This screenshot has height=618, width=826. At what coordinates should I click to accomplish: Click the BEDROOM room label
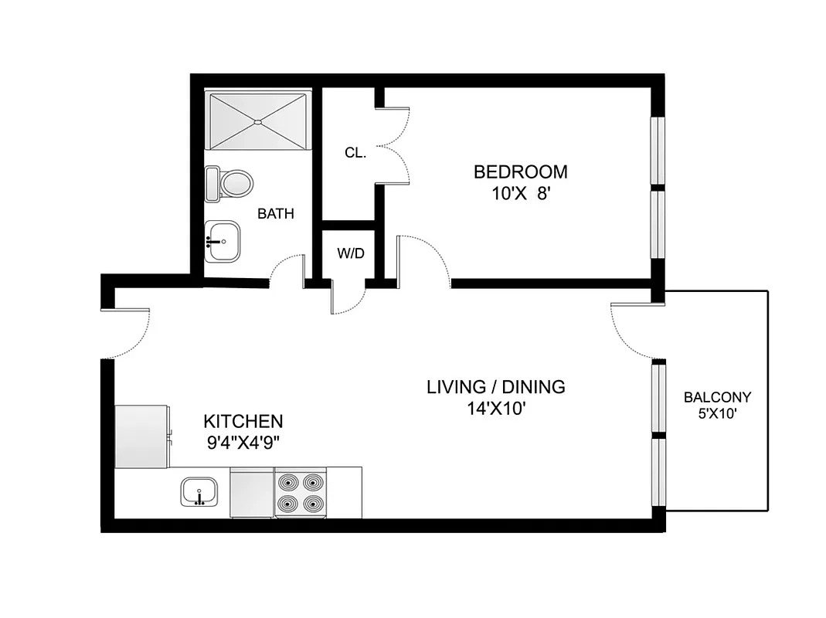coord(520,171)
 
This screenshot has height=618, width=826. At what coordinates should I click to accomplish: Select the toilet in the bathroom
coord(230,185)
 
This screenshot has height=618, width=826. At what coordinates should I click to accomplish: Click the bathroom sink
coord(223,241)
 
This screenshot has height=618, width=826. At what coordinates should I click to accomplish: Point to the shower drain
coord(257,121)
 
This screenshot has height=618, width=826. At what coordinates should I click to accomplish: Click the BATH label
coord(275,214)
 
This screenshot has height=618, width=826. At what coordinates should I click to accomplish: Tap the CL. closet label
coord(355,153)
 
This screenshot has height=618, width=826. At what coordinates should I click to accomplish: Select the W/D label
coord(350,253)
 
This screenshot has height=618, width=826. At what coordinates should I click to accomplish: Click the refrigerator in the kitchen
coord(141,436)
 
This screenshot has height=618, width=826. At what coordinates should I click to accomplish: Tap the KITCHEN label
coord(243,422)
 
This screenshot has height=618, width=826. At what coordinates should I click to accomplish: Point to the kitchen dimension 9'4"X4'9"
coord(243,444)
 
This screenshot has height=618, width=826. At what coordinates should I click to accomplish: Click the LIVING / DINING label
coord(496,386)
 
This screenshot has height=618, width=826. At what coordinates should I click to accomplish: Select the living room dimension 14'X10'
coord(496,409)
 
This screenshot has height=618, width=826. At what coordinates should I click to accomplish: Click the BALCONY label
coord(717,398)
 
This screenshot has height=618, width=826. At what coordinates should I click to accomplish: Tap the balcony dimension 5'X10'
coord(717,413)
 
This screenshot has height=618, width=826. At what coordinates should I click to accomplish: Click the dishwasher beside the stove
coord(252,493)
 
